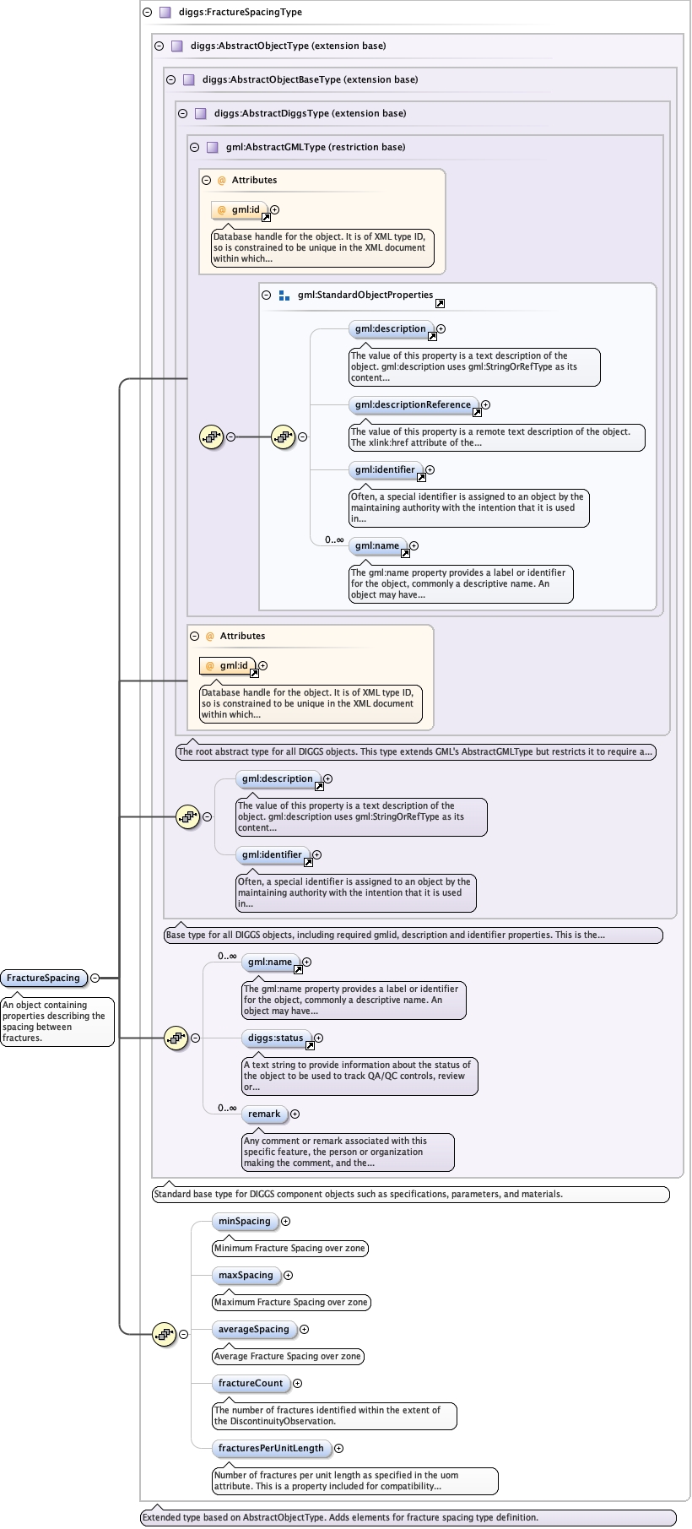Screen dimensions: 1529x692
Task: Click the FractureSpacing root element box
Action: pyautogui.click(x=43, y=978)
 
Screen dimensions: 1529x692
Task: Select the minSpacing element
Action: pyautogui.click(x=244, y=1221)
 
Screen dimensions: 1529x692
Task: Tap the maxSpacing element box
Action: pyautogui.click(x=246, y=1275)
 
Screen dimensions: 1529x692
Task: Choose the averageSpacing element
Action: pyautogui.click(x=253, y=1329)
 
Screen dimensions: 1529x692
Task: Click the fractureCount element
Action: pyautogui.click(x=251, y=1383)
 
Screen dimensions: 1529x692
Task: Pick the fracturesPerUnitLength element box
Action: pyautogui.click(x=271, y=1448)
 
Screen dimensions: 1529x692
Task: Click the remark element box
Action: pyautogui.click(x=264, y=1114)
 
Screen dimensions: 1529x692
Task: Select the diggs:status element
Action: pyautogui.click(x=275, y=1038)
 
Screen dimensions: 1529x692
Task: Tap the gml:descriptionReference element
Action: pyautogui.click(x=413, y=404)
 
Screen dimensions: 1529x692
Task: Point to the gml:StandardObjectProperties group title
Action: pyautogui.click(x=365, y=295)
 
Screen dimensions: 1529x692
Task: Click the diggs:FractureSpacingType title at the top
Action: pyautogui.click(x=240, y=12)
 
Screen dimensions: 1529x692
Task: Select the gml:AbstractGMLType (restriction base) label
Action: pyautogui.click(x=315, y=147)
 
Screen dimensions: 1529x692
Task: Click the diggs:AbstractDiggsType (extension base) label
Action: pyautogui.click(x=310, y=113)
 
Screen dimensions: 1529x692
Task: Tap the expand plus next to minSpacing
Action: pyautogui.click(x=286, y=1221)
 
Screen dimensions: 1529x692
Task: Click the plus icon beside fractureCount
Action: pyautogui.click(x=297, y=1383)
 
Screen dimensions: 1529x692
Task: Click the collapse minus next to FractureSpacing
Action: pyautogui.click(x=95, y=978)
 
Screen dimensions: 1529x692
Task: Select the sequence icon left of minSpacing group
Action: pyautogui.click(x=164, y=1334)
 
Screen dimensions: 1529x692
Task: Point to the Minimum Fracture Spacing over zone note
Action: pyautogui.click(x=289, y=1248)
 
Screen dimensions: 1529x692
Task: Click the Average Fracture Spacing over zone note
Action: pyautogui.click(x=288, y=1356)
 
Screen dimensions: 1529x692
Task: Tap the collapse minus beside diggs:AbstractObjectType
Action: pyautogui.click(x=159, y=46)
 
